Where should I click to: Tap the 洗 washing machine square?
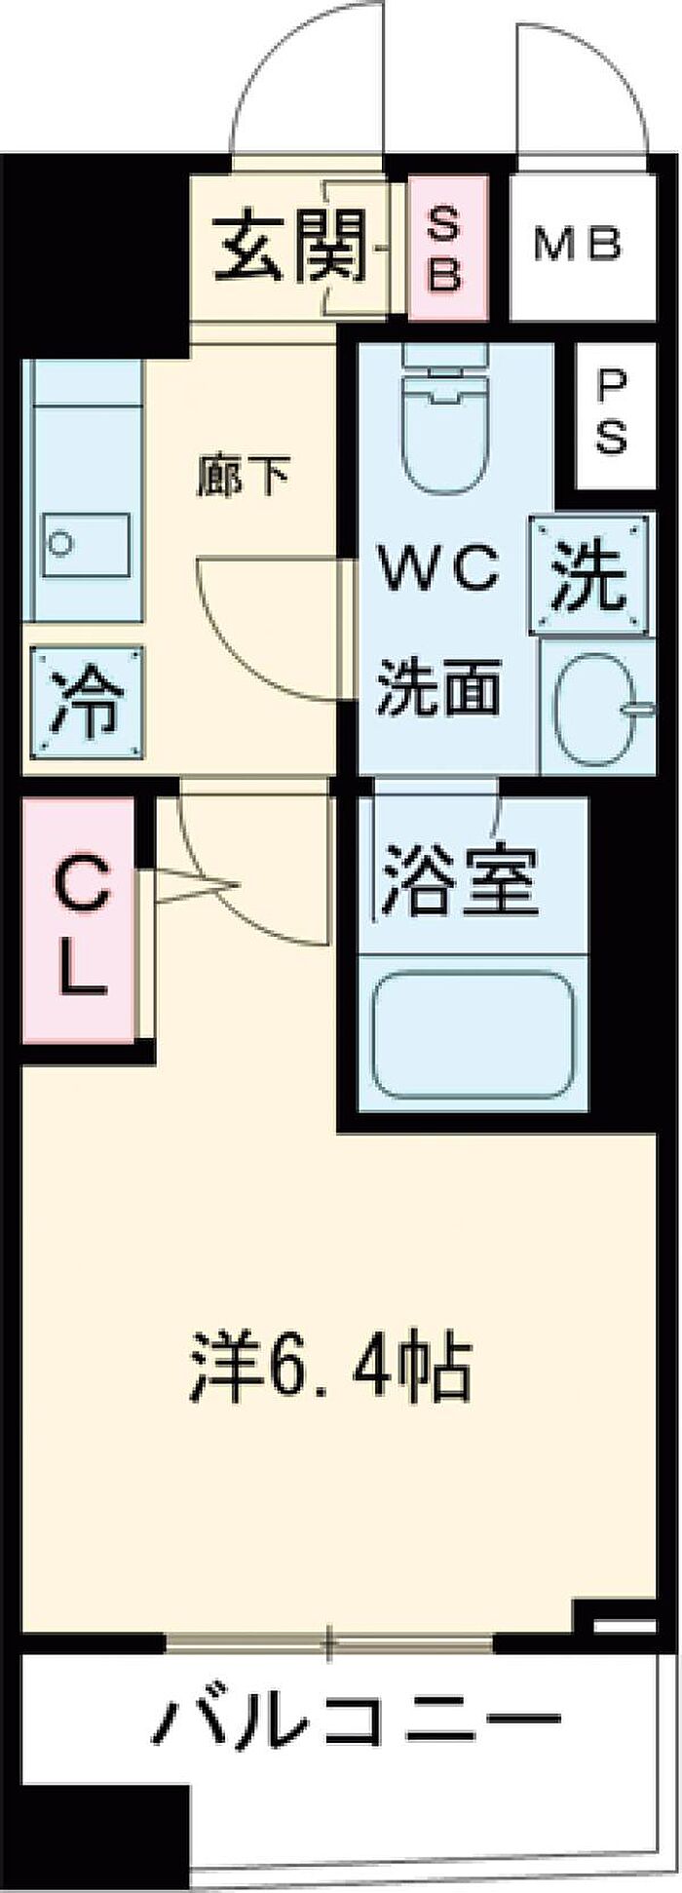[x=589, y=577]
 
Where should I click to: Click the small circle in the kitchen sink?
[x=62, y=543]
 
